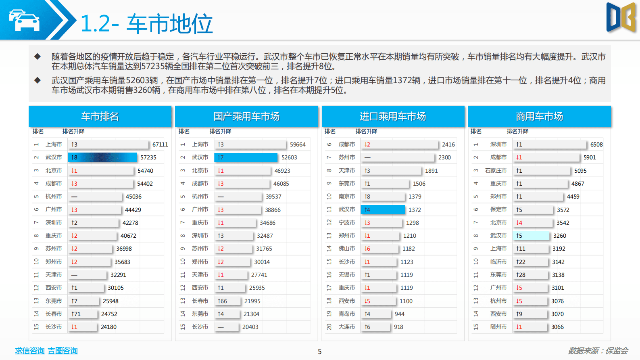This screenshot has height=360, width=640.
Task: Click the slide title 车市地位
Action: click(x=169, y=23)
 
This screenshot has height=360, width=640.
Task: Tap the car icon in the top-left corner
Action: click(x=25, y=20)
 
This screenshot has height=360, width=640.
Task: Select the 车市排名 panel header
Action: click(x=100, y=116)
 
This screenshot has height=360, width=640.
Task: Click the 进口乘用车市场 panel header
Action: click(x=393, y=116)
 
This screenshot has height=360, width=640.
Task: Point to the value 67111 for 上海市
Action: click(x=160, y=144)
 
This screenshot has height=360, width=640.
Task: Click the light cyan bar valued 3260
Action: click(x=531, y=236)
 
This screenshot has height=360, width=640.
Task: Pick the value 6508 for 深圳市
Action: click(x=596, y=144)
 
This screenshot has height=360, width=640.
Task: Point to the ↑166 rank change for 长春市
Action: click(x=222, y=301)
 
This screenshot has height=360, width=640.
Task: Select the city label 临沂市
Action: click(x=498, y=262)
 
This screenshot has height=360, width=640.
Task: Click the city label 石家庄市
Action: click(x=496, y=171)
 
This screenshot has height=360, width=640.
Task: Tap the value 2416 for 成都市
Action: click(x=448, y=144)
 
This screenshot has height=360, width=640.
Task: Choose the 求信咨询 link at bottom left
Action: click(x=29, y=351)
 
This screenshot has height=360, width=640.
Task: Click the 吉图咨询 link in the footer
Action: click(x=63, y=351)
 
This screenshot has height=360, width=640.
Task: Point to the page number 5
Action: click(x=320, y=352)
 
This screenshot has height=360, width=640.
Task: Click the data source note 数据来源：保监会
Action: click(x=598, y=351)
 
